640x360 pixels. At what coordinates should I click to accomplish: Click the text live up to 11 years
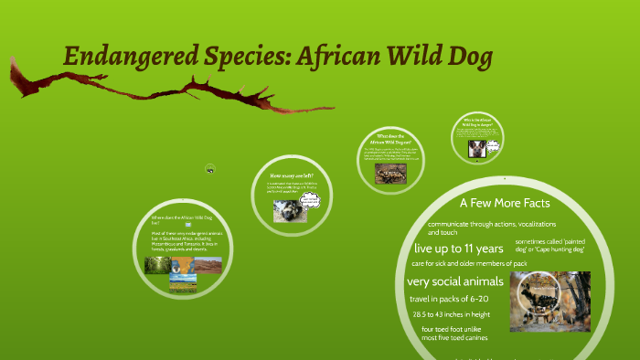pyautogui.click(x=459, y=248)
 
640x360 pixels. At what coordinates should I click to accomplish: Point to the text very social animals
pyautogui.click(x=454, y=281)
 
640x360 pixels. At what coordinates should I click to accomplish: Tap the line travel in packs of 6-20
pyautogui.click(x=447, y=299)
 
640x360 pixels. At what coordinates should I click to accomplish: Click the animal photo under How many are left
pyautogui.click(x=287, y=211)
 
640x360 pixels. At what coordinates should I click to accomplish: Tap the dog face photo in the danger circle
pyautogui.click(x=477, y=146)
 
